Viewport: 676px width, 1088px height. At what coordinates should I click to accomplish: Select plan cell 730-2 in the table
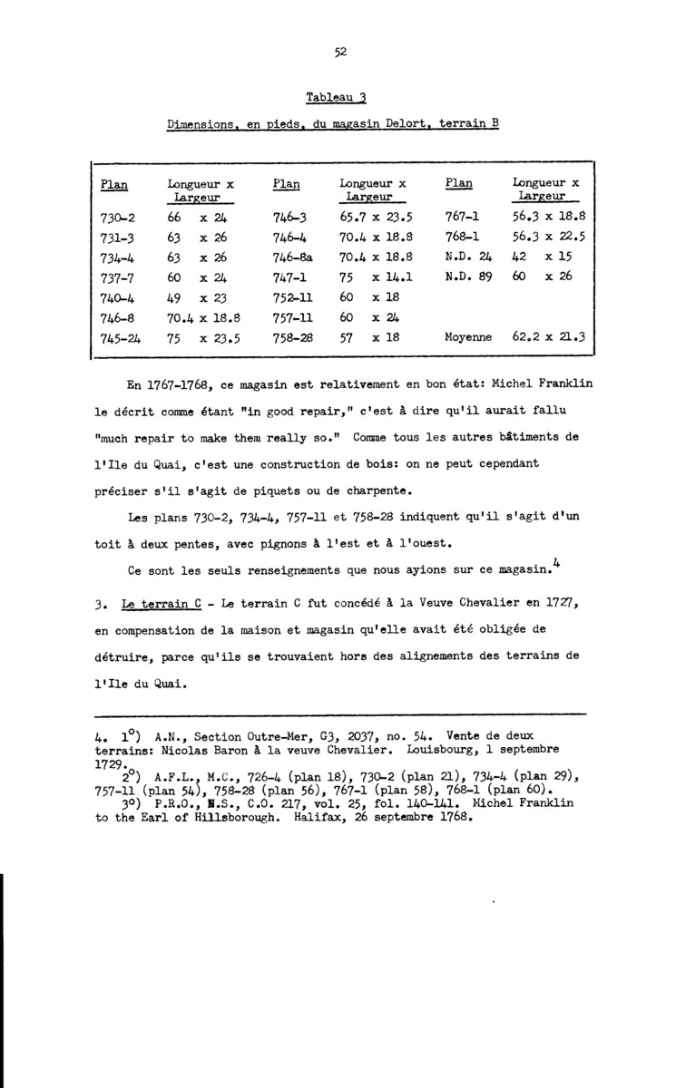tap(114, 218)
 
